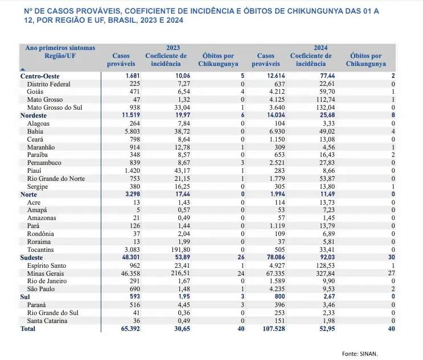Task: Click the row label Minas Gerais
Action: [44, 274]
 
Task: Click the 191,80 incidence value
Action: [176, 249]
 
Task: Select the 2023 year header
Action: [173, 48]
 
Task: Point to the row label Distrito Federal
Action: [49, 84]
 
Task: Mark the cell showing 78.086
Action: [272, 258]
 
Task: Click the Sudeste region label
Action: [33, 258]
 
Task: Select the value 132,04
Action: [321, 107]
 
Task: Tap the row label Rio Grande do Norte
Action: [56, 178]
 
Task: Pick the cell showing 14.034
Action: [272, 115]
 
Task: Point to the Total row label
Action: [28, 329]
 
